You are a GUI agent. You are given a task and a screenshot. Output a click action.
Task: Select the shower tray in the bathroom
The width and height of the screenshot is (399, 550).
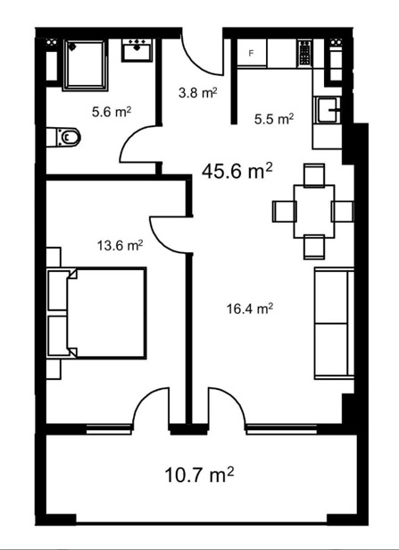click(85, 65)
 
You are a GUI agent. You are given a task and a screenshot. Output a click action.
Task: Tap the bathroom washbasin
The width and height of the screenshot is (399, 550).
click(137, 50)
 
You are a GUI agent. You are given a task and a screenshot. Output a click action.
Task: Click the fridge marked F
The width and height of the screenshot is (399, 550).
click(252, 53)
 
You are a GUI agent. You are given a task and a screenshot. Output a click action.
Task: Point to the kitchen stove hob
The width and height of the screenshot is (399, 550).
click(304, 53)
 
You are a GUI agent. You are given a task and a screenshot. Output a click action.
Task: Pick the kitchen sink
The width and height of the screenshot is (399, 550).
click(328, 110)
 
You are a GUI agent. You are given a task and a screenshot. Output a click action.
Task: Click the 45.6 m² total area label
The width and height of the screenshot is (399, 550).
click(237, 171)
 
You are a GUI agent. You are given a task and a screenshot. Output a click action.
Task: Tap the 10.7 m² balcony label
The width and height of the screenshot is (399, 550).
click(199, 475)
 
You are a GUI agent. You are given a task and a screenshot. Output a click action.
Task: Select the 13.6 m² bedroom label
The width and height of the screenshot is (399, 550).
click(120, 245)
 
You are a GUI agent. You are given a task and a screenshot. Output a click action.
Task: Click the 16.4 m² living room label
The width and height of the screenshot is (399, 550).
click(250, 309)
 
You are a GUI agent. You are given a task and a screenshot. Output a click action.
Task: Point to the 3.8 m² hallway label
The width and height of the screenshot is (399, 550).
click(198, 93)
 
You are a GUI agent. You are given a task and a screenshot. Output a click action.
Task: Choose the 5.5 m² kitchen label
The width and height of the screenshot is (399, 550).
click(274, 119)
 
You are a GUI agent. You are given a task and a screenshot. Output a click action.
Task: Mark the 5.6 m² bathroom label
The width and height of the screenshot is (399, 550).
click(112, 112)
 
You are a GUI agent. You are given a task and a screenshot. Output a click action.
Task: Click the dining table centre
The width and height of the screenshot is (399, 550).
click(314, 212)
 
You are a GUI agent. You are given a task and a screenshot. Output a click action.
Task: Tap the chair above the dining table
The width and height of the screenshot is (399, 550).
click(314, 174)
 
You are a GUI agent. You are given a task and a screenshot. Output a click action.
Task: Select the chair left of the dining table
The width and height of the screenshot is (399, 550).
click(284, 212)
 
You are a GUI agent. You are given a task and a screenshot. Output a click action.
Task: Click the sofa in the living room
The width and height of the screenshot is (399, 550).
click(334, 324)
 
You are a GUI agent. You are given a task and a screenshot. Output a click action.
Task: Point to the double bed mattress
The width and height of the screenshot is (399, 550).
click(106, 313)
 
